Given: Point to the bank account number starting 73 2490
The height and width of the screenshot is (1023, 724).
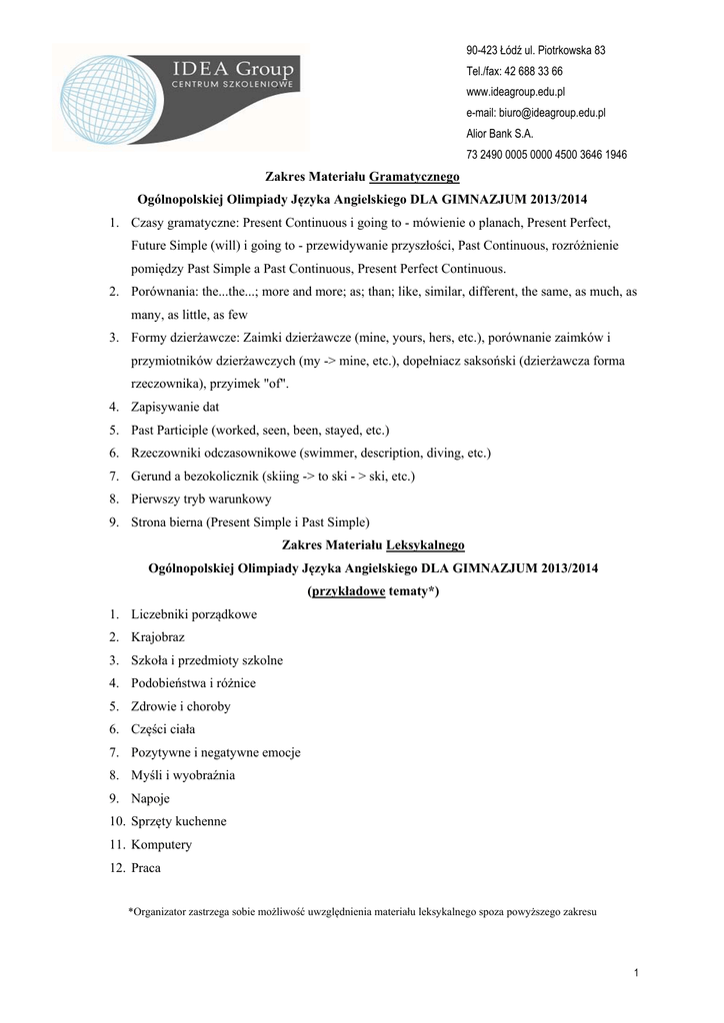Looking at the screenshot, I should (546, 155).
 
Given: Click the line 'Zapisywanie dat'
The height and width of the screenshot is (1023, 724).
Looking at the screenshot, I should (174, 407).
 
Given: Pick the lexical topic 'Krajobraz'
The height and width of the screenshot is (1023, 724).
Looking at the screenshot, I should (157, 637).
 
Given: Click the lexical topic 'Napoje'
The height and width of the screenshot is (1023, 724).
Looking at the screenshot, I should (150, 798).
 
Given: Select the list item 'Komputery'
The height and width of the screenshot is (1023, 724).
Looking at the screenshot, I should (161, 844).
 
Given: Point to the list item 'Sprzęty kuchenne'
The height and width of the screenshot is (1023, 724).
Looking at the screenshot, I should (178, 821).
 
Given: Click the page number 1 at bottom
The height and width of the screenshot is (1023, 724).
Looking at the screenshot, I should (636, 973).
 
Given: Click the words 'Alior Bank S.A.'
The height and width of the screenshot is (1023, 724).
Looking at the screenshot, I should (500, 134).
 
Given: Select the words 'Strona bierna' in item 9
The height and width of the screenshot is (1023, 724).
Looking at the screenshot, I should (166, 521).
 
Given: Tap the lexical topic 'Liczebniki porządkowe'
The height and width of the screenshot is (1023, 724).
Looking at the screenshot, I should (193, 614).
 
